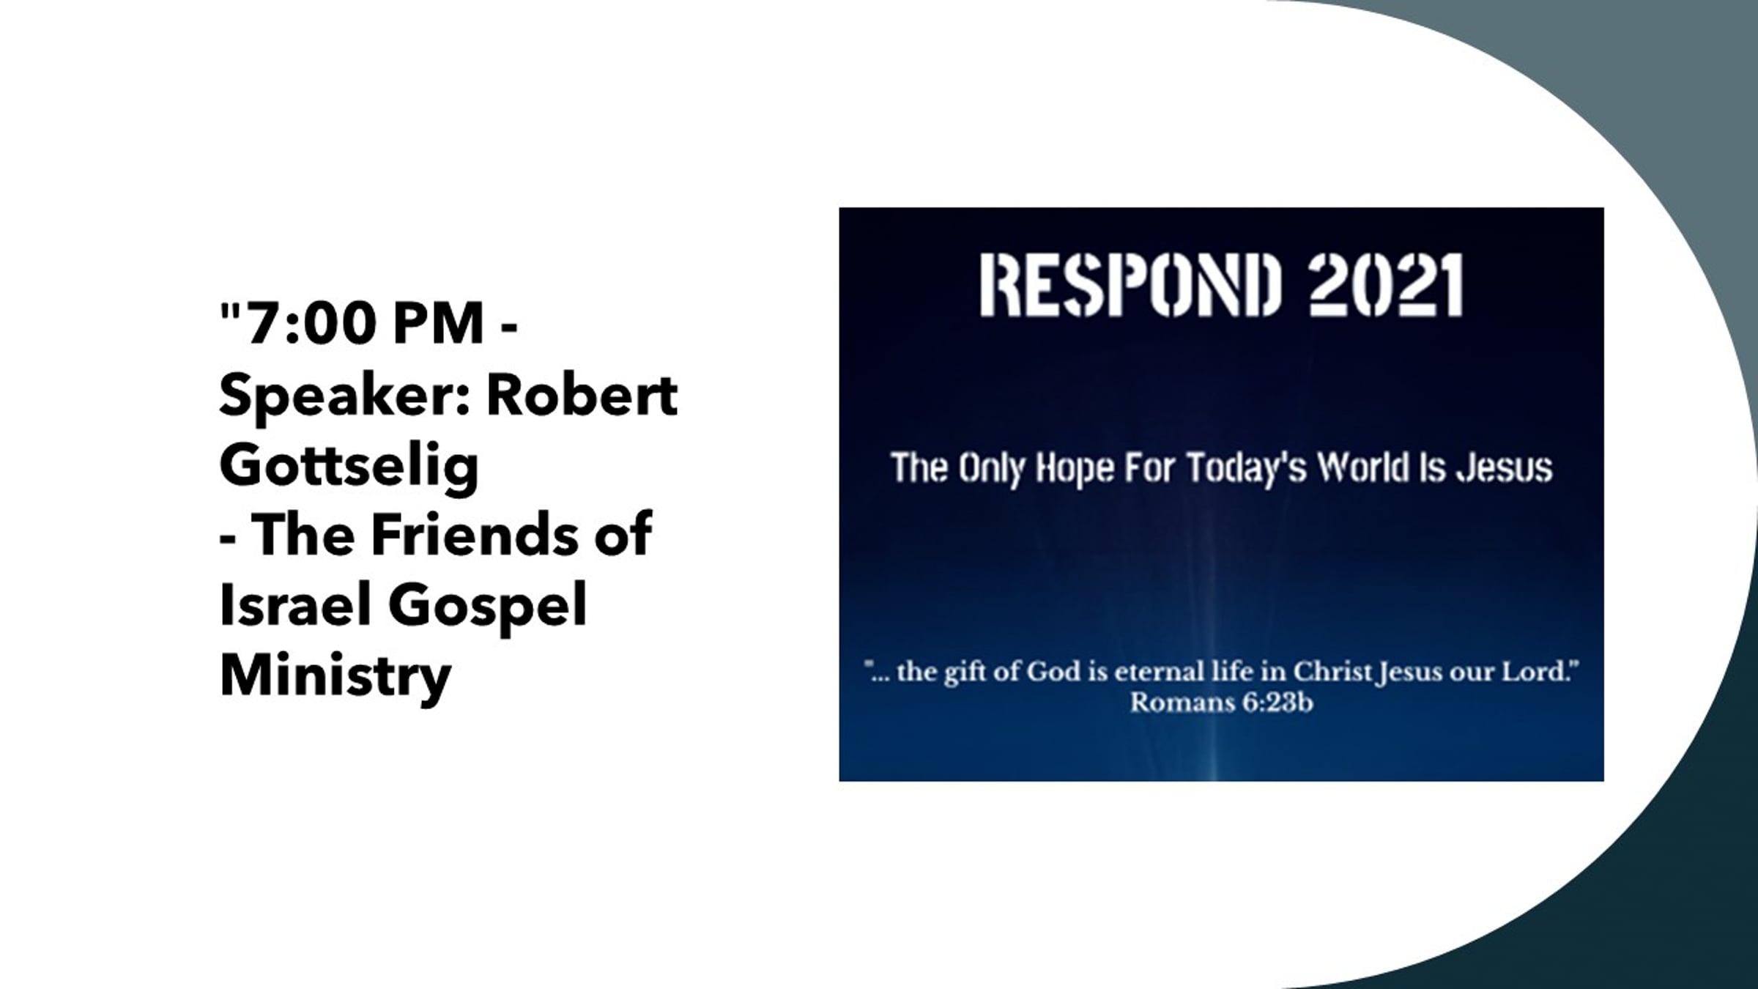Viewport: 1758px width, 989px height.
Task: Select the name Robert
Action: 582,396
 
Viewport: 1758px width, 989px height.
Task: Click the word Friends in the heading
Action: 475,534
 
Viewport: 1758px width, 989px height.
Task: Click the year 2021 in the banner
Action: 1386,285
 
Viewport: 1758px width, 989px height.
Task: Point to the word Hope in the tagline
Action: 1076,469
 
